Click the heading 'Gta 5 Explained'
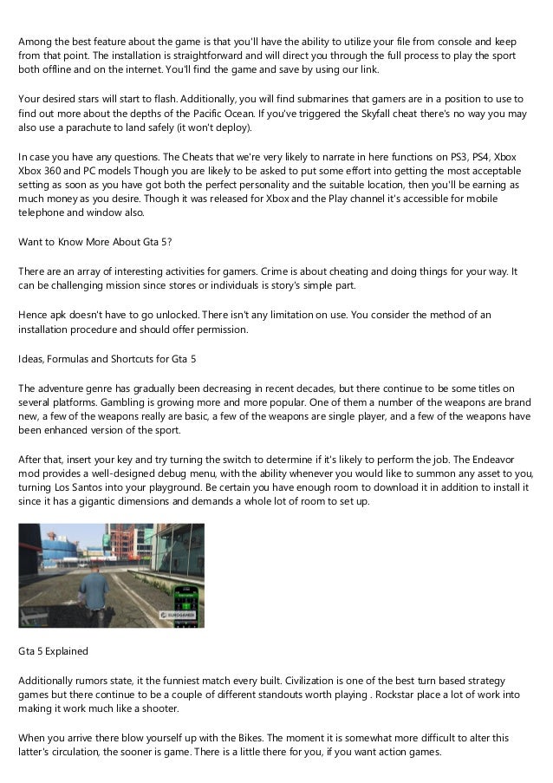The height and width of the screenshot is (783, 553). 54,650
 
